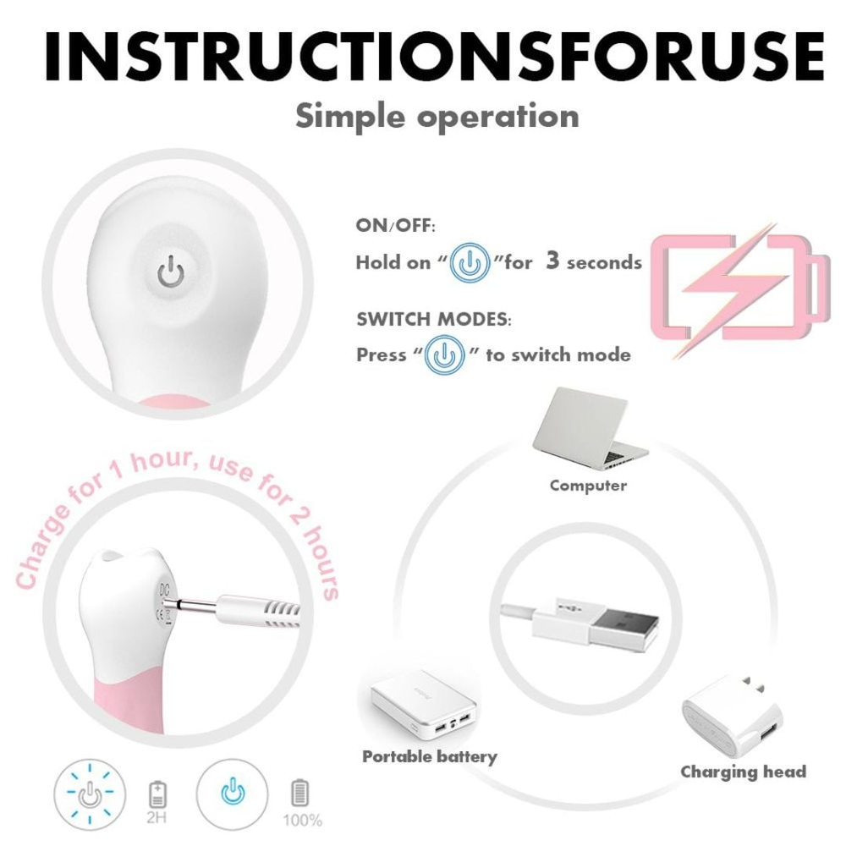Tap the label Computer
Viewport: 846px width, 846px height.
coord(588,486)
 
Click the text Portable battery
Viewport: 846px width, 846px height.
coord(429,755)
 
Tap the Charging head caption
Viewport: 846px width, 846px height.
coord(743,772)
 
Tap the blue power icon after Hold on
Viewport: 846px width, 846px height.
coord(470,263)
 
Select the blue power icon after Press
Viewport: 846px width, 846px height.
coord(445,354)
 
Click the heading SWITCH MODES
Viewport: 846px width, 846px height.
coord(434,321)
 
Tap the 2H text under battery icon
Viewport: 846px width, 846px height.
coord(158,818)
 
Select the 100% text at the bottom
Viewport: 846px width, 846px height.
coord(302,819)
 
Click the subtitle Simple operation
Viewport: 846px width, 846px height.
coord(437,116)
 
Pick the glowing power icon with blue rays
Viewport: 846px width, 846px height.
coord(88,795)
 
